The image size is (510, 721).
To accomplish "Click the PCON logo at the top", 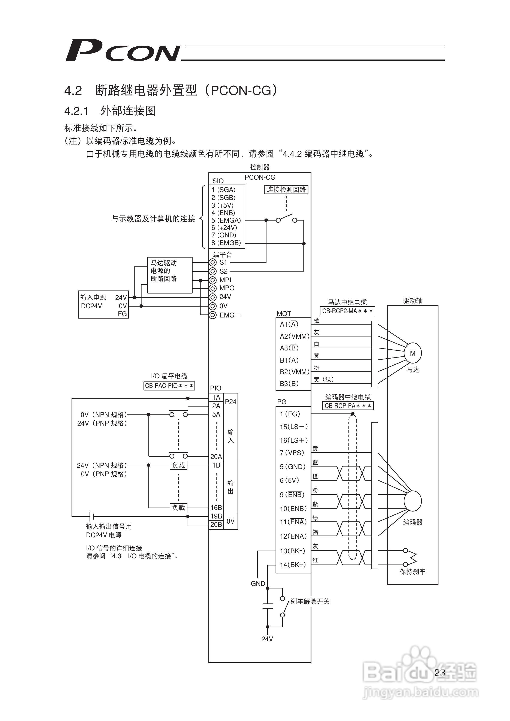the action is tap(123, 50).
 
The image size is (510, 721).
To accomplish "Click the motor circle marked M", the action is tap(413, 353).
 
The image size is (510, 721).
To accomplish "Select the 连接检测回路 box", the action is tap(286, 190).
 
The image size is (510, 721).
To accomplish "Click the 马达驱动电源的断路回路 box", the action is tap(170, 275).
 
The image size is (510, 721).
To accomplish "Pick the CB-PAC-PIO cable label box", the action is tap(169, 386).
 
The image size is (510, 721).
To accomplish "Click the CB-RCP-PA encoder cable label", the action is tap(348, 406).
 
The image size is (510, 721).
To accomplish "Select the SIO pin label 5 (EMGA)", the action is tap(226, 220).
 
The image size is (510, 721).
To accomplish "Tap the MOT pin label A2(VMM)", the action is tap(295, 336).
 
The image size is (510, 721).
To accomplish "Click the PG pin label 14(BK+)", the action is tap(293, 565).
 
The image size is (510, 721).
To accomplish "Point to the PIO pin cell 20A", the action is tap(216, 457).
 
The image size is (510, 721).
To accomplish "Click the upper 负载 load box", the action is tap(178, 465).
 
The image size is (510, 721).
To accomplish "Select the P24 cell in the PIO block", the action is tap(231, 402).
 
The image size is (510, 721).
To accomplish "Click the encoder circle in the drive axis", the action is tap(413, 501).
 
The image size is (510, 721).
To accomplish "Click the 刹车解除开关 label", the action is tap(310, 601).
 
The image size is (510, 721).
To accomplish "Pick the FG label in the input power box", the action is tap(122, 314).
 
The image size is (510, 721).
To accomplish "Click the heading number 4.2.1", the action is tap(76, 111).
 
